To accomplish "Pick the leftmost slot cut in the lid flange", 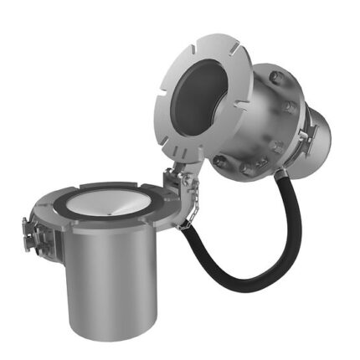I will tap(162, 100).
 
